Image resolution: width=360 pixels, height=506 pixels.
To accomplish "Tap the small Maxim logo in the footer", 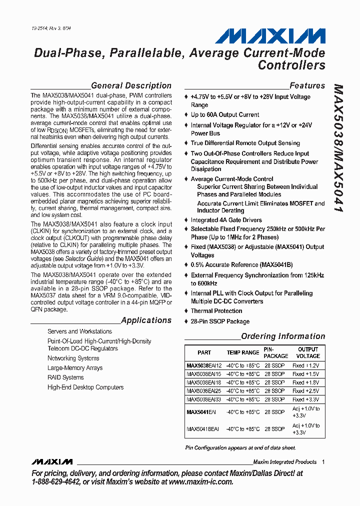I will [x=51, y=461].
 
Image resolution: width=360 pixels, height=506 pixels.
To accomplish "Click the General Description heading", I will [x=131, y=85].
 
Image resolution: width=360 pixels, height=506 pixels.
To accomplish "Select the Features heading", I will [x=307, y=85].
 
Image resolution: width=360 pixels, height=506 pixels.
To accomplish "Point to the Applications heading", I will [x=146, y=320].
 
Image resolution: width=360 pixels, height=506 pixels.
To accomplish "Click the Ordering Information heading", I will [x=283, y=336].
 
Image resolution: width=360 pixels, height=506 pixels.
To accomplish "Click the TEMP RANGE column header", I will [x=243, y=352].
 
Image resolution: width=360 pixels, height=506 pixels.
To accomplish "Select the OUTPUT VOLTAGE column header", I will [x=308, y=352].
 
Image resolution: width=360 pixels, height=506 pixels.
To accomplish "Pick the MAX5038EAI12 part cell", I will [x=204, y=365].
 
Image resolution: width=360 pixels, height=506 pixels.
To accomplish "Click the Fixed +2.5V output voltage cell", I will [x=305, y=391].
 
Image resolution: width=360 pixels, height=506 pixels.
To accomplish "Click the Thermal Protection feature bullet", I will [x=216, y=311].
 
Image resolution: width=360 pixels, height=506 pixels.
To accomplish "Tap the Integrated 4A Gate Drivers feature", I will [x=226, y=220].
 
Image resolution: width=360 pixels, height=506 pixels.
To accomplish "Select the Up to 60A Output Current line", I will [x=225, y=114].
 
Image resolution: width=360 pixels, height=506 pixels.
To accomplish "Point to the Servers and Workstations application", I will [x=79, y=331].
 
